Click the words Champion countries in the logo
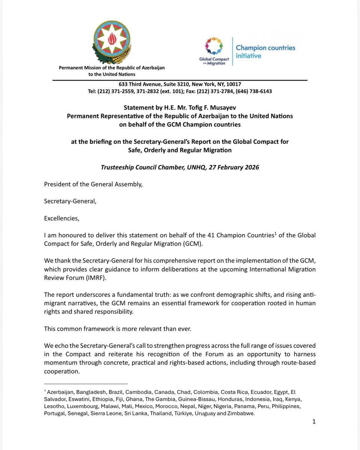pos(265,48)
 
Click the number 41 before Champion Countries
pos(211,235)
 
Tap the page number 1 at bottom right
pos(314,421)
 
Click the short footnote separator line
pos(86,384)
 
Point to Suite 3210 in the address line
pos(167,84)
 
